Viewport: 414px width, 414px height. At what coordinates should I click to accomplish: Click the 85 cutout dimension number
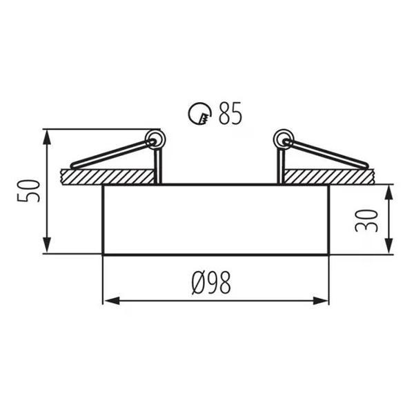tap(230, 113)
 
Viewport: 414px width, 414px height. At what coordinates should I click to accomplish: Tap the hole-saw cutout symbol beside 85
tap(200, 113)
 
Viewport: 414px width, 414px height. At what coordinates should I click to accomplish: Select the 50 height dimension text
tap(28, 190)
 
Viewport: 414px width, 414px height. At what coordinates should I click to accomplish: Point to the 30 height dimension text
tap(366, 221)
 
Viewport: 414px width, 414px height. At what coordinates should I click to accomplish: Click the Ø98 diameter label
tap(211, 283)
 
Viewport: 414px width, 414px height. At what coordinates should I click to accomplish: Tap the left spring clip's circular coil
tap(155, 139)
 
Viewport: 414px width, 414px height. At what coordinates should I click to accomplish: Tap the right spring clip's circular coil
tap(284, 139)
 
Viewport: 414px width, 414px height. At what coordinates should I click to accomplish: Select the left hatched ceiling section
tap(108, 177)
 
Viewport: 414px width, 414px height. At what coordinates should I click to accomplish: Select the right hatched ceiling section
tap(329, 177)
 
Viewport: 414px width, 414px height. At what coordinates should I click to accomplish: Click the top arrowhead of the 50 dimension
tap(47, 137)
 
